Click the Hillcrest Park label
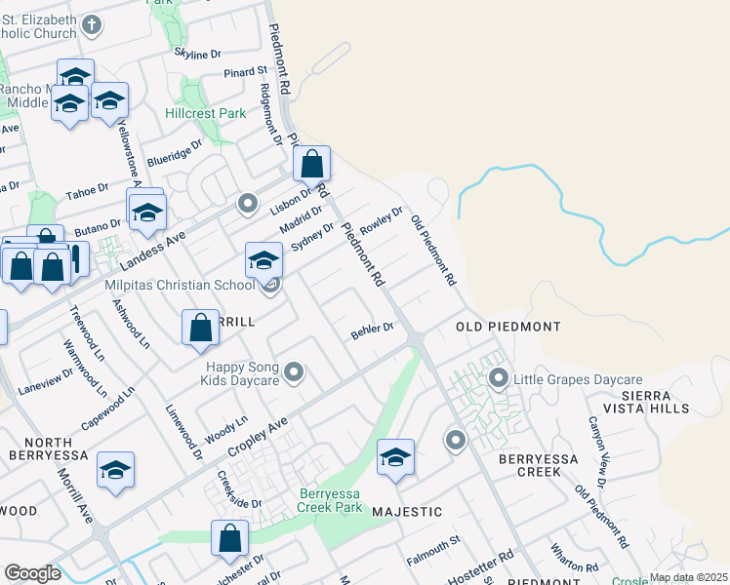point(205,114)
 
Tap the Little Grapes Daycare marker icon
point(499,378)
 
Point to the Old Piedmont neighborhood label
point(507,326)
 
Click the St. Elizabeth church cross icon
point(92,24)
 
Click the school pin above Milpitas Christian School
point(264,260)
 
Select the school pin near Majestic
point(395,457)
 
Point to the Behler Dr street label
point(371,331)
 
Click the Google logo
point(32,573)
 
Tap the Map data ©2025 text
point(688,577)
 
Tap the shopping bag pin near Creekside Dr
point(229,538)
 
